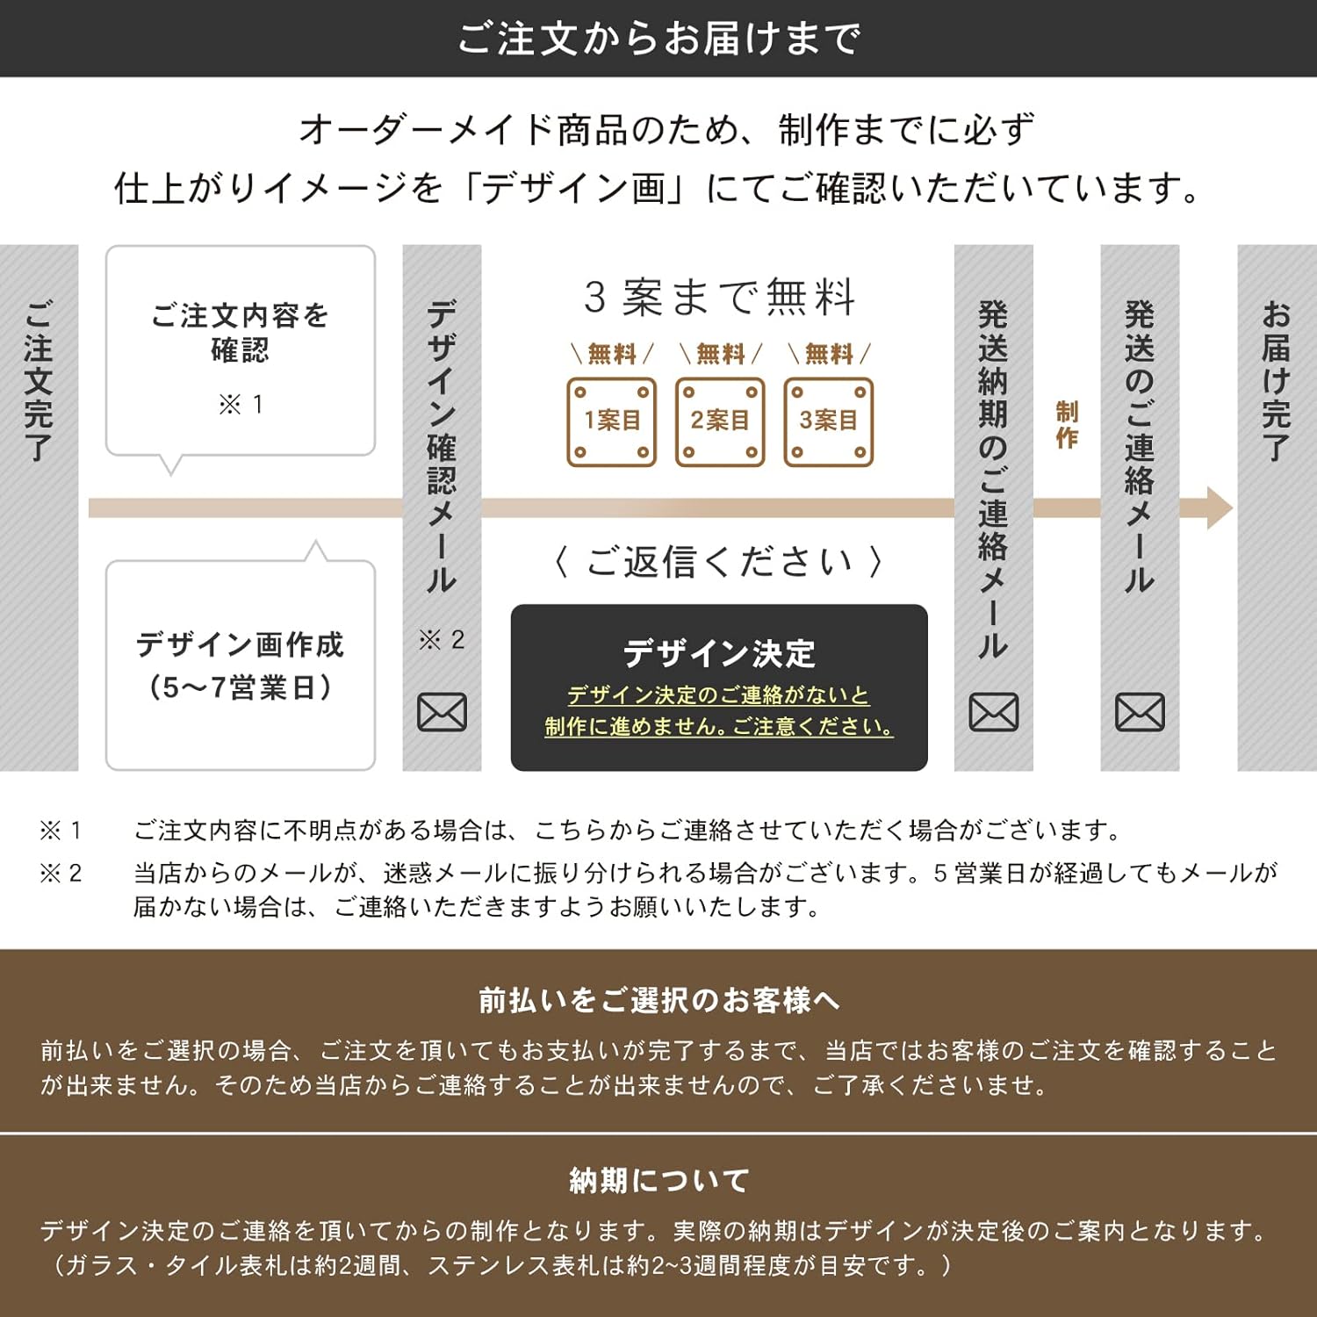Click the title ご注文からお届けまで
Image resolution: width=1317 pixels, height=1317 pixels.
(658, 39)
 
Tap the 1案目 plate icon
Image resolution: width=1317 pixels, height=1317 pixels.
(612, 421)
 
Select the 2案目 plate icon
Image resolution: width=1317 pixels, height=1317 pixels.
(720, 421)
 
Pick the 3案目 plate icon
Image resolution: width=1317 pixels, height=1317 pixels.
(828, 421)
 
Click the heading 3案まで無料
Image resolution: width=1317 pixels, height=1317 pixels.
(720, 297)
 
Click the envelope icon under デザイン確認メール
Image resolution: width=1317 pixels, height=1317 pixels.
(442, 712)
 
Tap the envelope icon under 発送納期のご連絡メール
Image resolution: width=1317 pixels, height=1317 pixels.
(993, 712)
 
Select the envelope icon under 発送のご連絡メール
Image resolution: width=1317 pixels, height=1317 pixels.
(1140, 712)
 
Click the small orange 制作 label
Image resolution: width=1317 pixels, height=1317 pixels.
(1067, 425)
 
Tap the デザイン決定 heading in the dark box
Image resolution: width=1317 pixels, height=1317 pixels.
(719, 653)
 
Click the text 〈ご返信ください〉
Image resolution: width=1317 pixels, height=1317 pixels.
(719, 562)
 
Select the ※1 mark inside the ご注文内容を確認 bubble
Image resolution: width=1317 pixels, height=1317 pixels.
(241, 405)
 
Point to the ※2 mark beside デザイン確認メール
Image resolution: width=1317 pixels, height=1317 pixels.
(442, 640)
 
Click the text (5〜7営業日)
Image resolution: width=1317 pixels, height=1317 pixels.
(241, 687)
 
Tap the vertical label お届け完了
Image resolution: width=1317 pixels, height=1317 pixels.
(1276, 381)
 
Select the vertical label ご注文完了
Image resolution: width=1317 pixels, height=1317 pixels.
(39, 381)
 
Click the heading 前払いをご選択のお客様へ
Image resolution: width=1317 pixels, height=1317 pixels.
(658, 1000)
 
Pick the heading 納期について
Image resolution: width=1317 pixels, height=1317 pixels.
(658, 1181)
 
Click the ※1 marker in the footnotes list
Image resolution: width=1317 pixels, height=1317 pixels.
(61, 831)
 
